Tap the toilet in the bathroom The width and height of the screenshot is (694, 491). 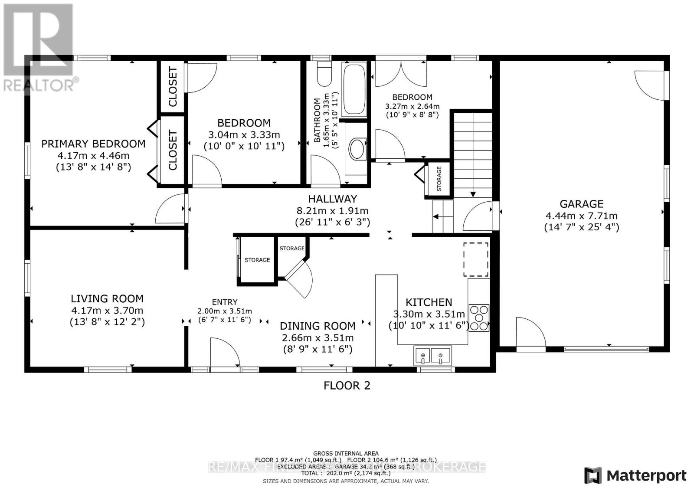(324, 74)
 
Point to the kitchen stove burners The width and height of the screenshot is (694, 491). (479, 318)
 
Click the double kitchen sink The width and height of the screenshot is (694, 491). (432, 356)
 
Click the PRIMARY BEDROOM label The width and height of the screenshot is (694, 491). (93, 144)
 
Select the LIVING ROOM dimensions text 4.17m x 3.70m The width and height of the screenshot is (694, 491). (107, 311)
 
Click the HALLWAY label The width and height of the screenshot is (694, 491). (333, 199)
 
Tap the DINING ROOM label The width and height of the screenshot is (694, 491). (318, 326)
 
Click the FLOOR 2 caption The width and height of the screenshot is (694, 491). (347, 386)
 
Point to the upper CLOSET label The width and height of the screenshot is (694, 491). (173, 87)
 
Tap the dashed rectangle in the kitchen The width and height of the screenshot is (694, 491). (476, 259)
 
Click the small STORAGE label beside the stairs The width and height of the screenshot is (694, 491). (439, 179)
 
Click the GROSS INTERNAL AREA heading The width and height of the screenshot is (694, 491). (346, 453)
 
